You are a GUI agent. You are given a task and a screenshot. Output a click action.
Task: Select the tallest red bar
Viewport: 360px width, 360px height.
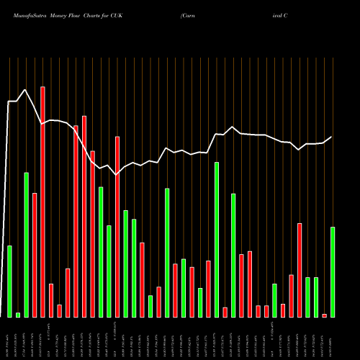pos(42,202)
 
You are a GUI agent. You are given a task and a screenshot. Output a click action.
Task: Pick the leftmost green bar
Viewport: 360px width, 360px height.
pos(9,281)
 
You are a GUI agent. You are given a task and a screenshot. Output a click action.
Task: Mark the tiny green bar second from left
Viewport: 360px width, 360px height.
pos(18,315)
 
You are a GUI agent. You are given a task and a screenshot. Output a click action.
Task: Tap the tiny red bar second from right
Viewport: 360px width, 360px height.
pos(324,315)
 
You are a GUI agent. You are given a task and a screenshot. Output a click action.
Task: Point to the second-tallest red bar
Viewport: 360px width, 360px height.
pos(84,216)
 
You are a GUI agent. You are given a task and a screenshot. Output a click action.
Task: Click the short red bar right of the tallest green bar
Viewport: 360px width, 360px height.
pos(225,312)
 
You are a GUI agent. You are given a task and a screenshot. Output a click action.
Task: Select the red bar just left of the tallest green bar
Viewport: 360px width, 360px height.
pos(209,289)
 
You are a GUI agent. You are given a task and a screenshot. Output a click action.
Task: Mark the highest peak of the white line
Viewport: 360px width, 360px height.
pos(26,90)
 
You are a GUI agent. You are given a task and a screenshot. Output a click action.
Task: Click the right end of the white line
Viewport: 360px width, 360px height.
pos(332,137)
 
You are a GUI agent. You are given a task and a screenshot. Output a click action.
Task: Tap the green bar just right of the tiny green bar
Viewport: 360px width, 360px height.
pos(26,245)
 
